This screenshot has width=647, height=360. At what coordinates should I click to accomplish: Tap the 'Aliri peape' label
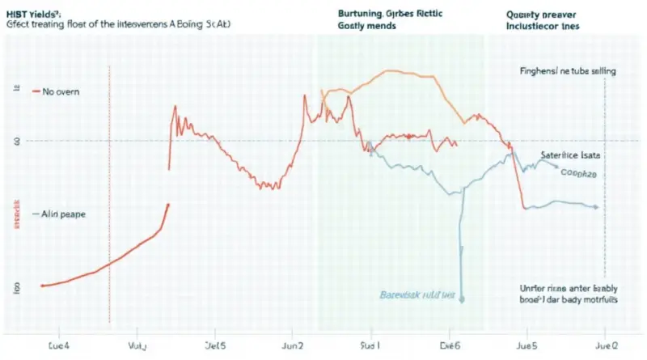pyautogui.click(x=63, y=215)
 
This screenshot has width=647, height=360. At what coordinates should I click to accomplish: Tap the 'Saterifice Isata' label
pyautogui.click(x=571, y=154)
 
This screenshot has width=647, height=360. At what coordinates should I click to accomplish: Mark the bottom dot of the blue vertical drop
pyautogui.click(x=461, y=300)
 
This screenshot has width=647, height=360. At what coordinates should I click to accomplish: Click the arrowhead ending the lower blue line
pyautogui.click(x=596, y=207)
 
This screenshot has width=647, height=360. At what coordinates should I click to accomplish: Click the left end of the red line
pyautogui.click(x=43, y=285)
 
